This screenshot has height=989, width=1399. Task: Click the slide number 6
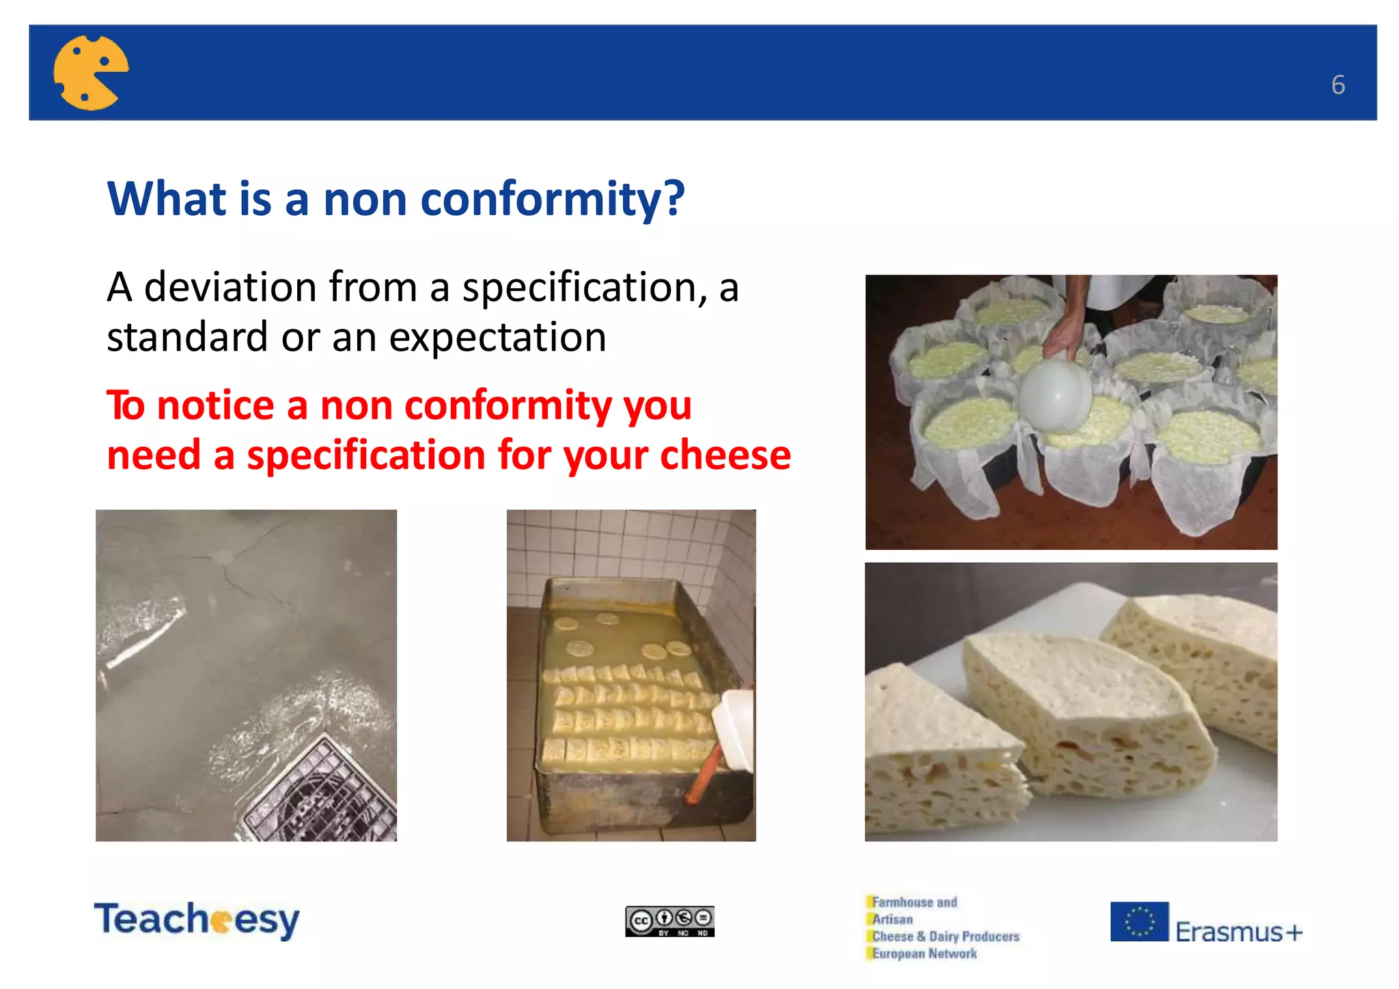click(x=1338, y=85)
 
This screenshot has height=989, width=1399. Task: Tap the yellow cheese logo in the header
click(x=90, y=72)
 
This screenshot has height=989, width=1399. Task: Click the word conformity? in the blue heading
click(x=552, y=199)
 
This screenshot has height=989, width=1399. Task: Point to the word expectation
click(x=497, y=337)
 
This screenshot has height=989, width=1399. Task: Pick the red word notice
click(x=215, y=405)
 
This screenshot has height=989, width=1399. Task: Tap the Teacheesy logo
click(x=197, y=919)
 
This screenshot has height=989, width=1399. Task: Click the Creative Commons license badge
click(x=669, y=921)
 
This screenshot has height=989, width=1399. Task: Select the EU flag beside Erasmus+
click(x=1139, y=921)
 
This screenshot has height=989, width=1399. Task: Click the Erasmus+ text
click(x=1238, y=932)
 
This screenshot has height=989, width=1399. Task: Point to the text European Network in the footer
click(x=924, y=954)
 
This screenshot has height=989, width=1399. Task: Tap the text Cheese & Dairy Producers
click(x=945, y=936)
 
